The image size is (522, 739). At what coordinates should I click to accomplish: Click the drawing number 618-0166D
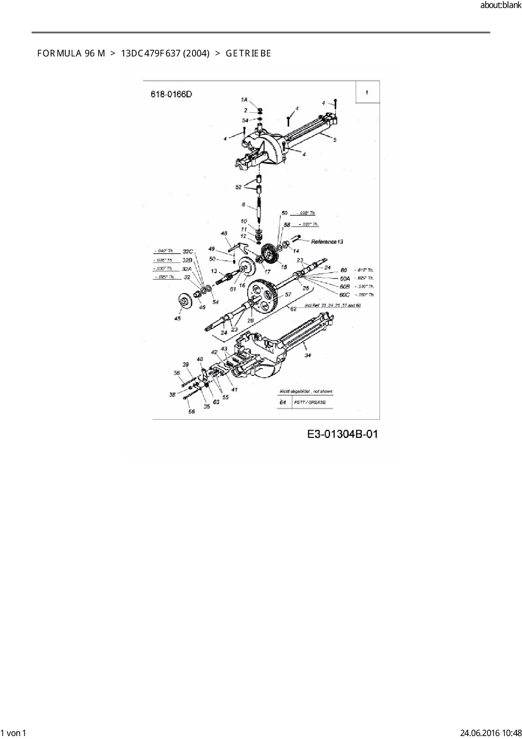[x=171, y=94]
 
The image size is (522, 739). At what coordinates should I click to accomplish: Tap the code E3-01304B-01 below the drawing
[x=342, y=434]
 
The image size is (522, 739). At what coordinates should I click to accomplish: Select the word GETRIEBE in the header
[x=248, y=54]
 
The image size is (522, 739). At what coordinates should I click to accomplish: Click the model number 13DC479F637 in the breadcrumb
[x=165, y=54]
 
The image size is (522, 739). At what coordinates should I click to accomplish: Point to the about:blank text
[x=501, y=5]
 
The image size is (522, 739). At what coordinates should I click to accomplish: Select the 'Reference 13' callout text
[x=327, y=242]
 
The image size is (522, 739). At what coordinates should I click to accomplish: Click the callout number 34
[x=308, y=356]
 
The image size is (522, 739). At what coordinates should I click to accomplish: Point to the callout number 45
[x=177, y=319]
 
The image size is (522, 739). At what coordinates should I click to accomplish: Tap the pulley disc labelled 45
[x=183, y=301]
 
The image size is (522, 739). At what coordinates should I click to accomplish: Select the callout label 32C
[x=188, y=252]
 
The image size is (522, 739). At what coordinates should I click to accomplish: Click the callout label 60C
[x=344, y=295]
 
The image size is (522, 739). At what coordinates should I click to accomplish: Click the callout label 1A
[x=244, y=100]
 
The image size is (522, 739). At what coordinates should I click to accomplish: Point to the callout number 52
[x=239, y=187]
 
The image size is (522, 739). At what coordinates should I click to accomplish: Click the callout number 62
[x=293, y=309]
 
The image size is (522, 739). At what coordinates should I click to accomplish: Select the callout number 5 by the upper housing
[x=335, y=140]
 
